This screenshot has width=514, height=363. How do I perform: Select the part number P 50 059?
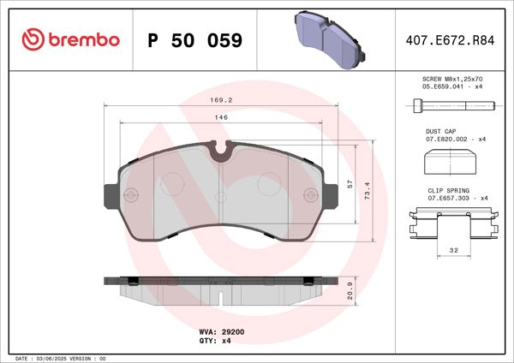194,40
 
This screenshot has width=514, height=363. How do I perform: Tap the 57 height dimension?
349,184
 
